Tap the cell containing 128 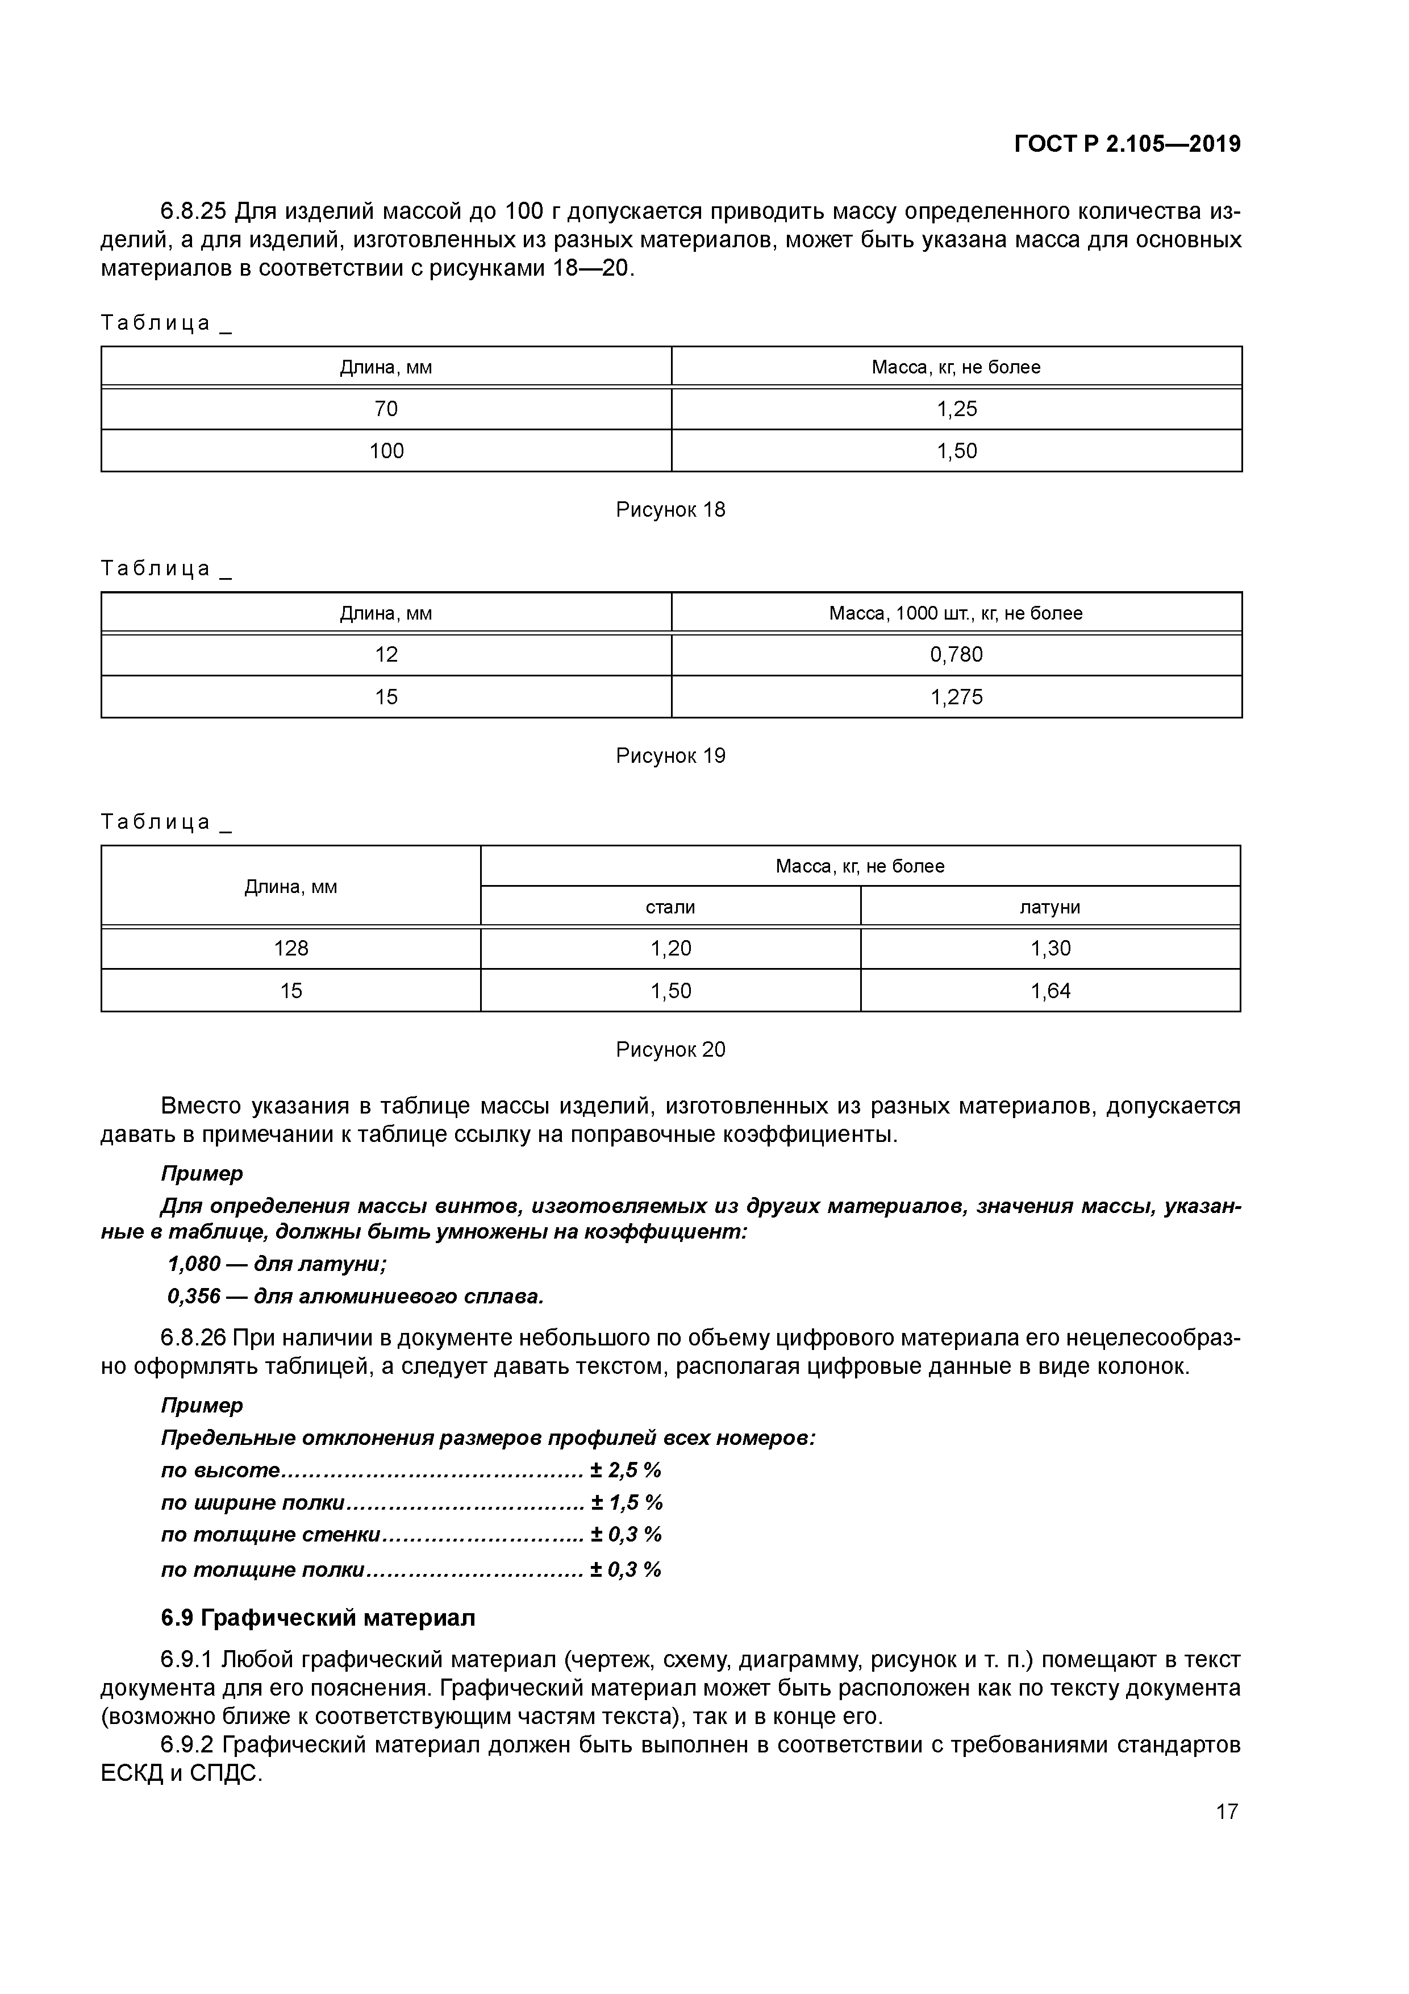click(291, 948)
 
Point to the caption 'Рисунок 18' click(670, 510)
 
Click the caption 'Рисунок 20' click(670, 1050)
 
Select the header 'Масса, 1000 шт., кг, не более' click(956, 613)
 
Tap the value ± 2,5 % click(626, 1470)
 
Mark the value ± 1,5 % click(627, 1503)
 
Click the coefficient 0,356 click(194, 1297)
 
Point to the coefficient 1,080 click(194, 1264)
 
